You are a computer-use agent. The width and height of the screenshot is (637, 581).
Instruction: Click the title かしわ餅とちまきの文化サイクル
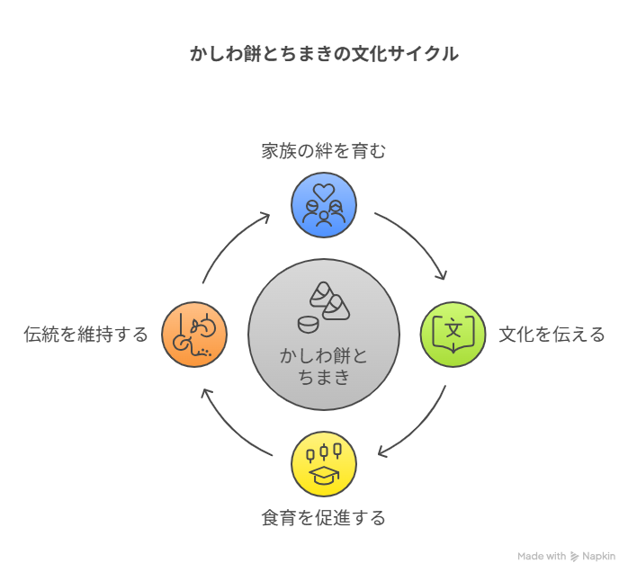click(x=324, y=54)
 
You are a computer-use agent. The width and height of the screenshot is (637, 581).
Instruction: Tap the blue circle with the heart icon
click(x=324, y=205)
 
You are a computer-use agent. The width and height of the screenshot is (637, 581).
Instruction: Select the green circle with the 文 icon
click(x=453, y=334)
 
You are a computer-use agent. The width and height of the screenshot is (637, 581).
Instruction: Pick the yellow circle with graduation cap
click(x=324, y=464)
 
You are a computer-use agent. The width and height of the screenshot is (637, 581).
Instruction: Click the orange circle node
click(x=194, y=334)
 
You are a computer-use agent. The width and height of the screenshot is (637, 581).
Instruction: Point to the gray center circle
click(x=324, y=334)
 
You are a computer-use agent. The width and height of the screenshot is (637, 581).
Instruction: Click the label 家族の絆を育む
click(x=324, y=151)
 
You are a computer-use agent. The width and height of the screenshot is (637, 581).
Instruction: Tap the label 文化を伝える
click(x=552, y=335)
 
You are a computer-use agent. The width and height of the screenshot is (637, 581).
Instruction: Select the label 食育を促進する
click(x=324, y=518)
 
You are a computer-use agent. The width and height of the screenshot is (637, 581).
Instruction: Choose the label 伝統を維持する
click(x=86, y=335)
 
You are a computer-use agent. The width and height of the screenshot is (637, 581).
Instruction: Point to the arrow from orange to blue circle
click(x=229, y=240)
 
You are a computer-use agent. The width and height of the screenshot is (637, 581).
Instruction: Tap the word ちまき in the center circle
click(x=324, y=377)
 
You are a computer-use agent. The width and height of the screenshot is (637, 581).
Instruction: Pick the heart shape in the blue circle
click(x=324, y=192)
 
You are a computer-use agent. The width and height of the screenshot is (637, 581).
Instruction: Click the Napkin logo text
click(x=598, y=557)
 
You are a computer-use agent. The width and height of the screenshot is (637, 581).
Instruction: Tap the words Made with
click(x=542, y=557)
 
